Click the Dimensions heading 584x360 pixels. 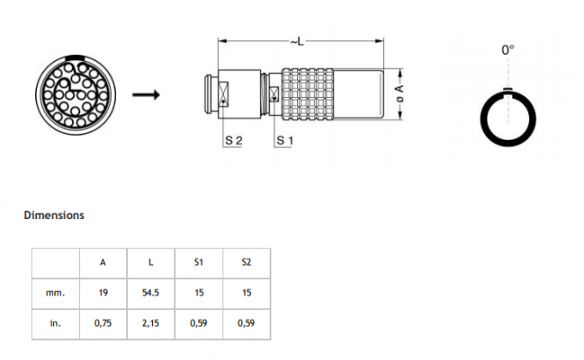click(x=53, y=215)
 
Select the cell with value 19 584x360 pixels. click(x=103, y=293)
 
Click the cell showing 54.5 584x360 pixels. click(x=151, y=293)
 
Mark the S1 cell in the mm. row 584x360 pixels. click(x=199, y=293)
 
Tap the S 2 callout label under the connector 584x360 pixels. click(x=232, y=139)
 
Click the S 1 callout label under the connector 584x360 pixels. click(x=283, y=139)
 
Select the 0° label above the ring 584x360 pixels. click(x=508, y=51)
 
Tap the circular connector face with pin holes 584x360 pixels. click(x=73, y=94)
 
